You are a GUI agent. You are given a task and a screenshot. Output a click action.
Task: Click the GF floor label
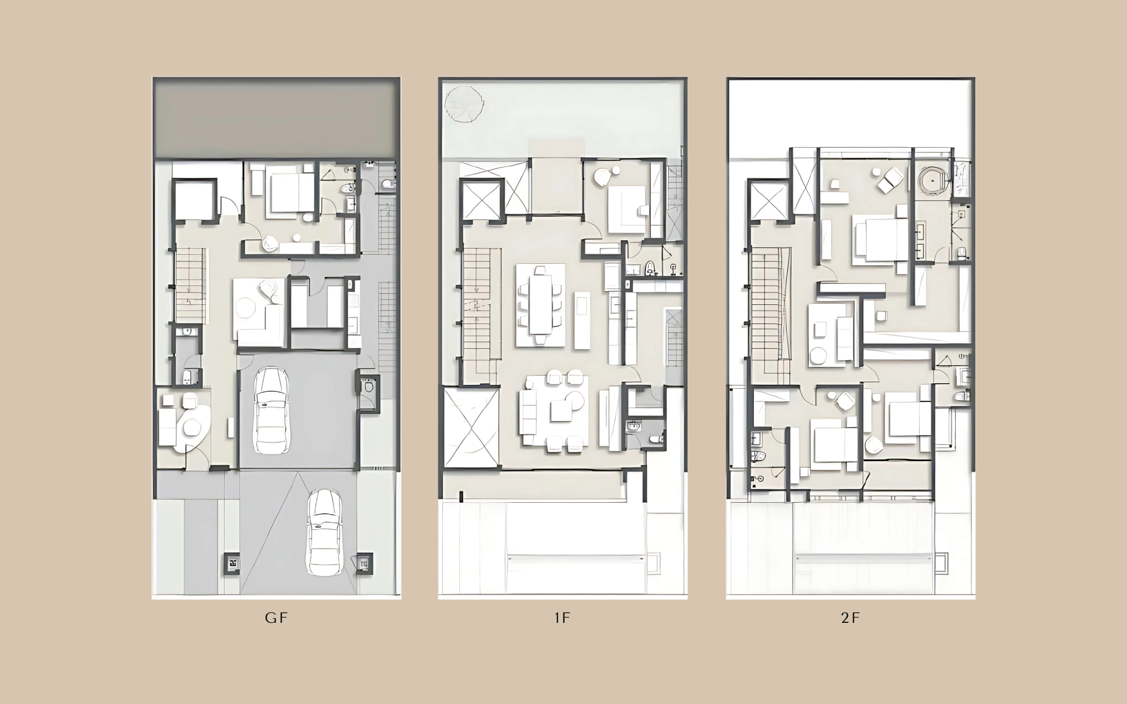(276, 618)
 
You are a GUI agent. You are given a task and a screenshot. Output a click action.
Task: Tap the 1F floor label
(562, 618)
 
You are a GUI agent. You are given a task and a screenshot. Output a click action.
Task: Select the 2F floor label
(850, 618)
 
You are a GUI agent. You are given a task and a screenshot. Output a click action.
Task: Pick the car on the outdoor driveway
(324, 532)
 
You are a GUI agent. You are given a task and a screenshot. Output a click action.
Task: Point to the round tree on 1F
(464, 104)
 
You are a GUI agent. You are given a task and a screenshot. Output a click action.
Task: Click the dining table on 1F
(540, 305)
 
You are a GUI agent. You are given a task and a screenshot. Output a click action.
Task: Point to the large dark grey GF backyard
(276, 118)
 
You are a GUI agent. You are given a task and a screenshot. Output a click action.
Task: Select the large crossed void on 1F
(472, 427)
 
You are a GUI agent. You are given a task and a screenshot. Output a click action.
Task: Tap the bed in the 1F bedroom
(628, 209)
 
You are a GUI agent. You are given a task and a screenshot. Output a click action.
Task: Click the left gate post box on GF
(232, 563)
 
